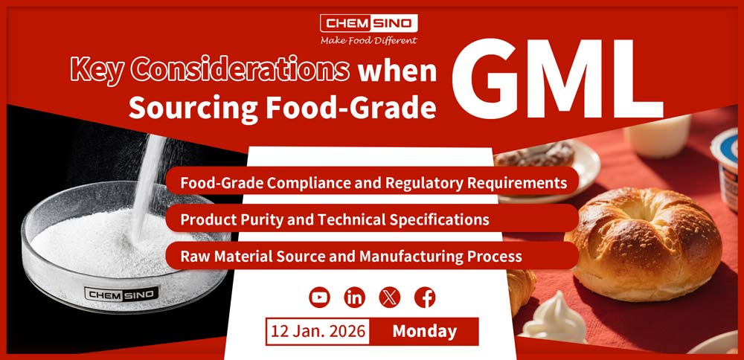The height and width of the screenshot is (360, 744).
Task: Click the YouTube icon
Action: pos(319,298)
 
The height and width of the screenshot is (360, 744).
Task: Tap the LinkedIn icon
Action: pos(354,298)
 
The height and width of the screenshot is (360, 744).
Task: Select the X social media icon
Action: pos(390,298)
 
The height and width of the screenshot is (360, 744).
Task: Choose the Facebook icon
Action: pos(425,298)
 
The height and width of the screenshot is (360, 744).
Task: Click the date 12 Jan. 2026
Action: pos(318,331)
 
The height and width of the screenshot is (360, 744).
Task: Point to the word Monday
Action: pos(424,331)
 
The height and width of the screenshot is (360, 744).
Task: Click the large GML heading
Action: pos(557,78)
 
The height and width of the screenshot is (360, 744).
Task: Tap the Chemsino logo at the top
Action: pos(369,23)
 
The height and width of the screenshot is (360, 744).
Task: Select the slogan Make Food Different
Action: pos(369,40)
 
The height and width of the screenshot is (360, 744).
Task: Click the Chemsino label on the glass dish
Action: pos(121,294)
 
